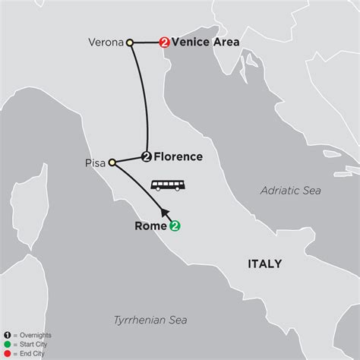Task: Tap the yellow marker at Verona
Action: [130, 43]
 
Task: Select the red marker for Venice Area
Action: [163, 43]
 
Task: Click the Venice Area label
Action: [205, 43]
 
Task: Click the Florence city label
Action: [178, 157]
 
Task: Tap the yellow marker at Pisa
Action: [112, 162]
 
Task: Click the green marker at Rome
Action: [175, 225]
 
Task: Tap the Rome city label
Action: [151, 225]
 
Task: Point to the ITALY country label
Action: [263, 264]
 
